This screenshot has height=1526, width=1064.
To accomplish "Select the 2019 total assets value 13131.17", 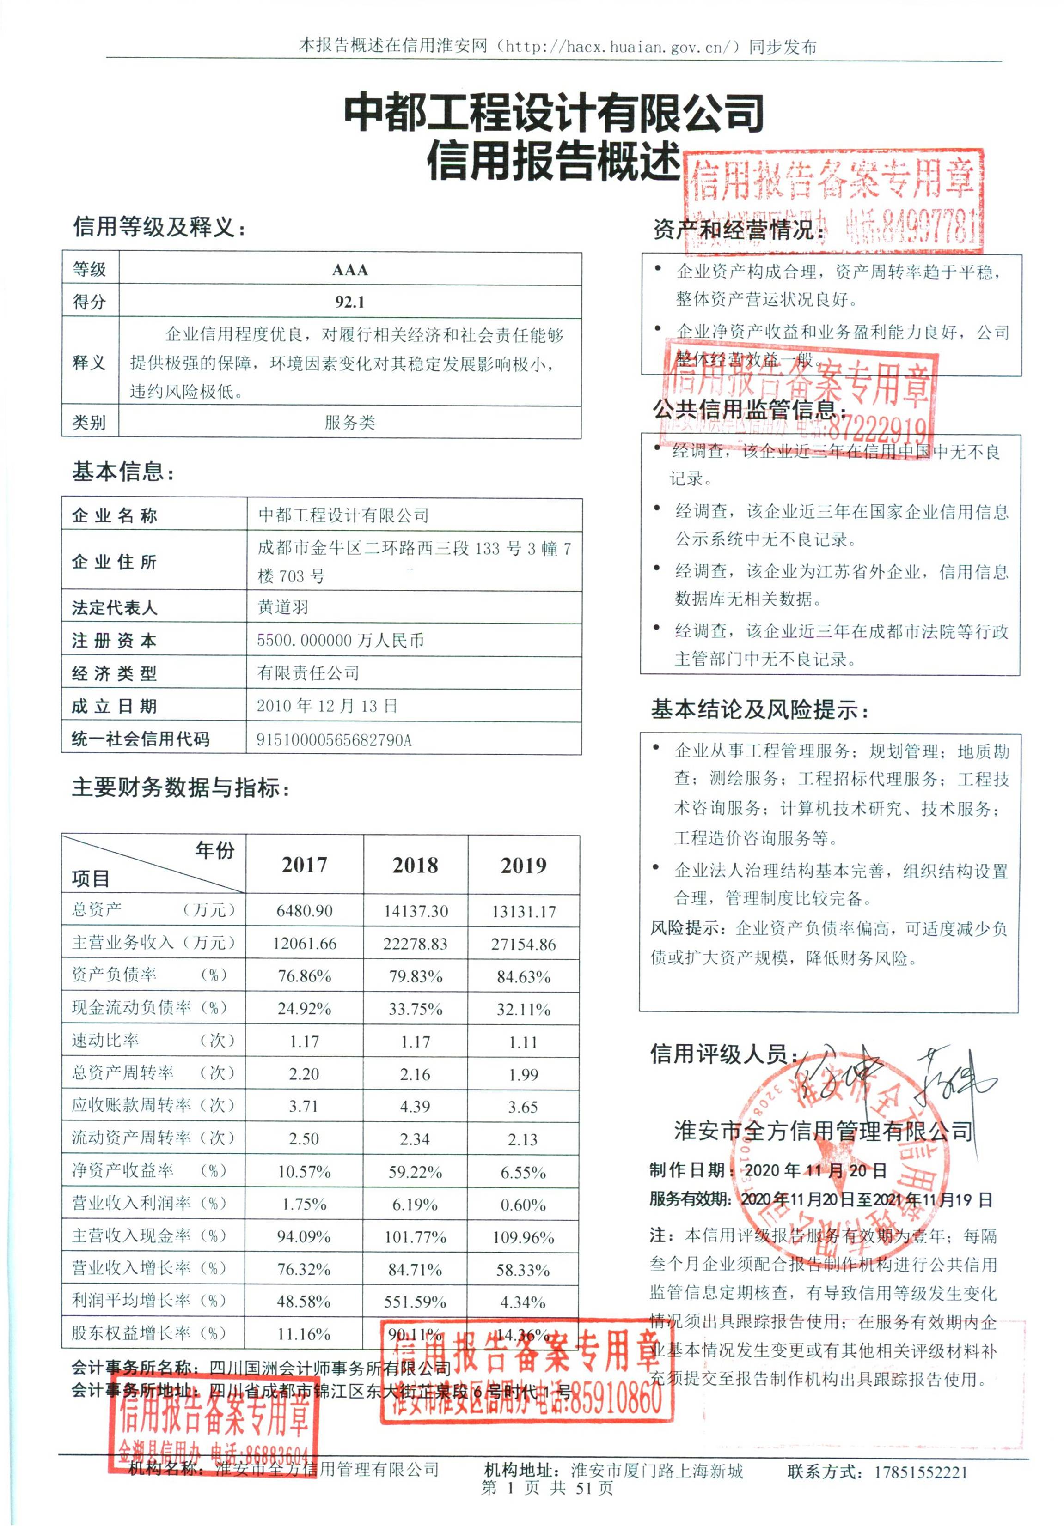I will [x=523, y=911].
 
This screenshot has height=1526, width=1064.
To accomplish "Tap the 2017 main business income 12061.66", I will [x=305, y=943].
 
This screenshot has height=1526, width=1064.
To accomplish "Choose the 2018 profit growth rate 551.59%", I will [x=415, y=1301].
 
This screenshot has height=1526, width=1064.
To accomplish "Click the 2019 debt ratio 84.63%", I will [x=523, y=976].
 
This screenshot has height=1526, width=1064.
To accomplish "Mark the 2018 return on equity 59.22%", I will [x=415, y=1171].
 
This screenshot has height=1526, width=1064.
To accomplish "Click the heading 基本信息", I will [x=123, y=472].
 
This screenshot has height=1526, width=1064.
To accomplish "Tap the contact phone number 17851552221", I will [x=920, y=1472].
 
